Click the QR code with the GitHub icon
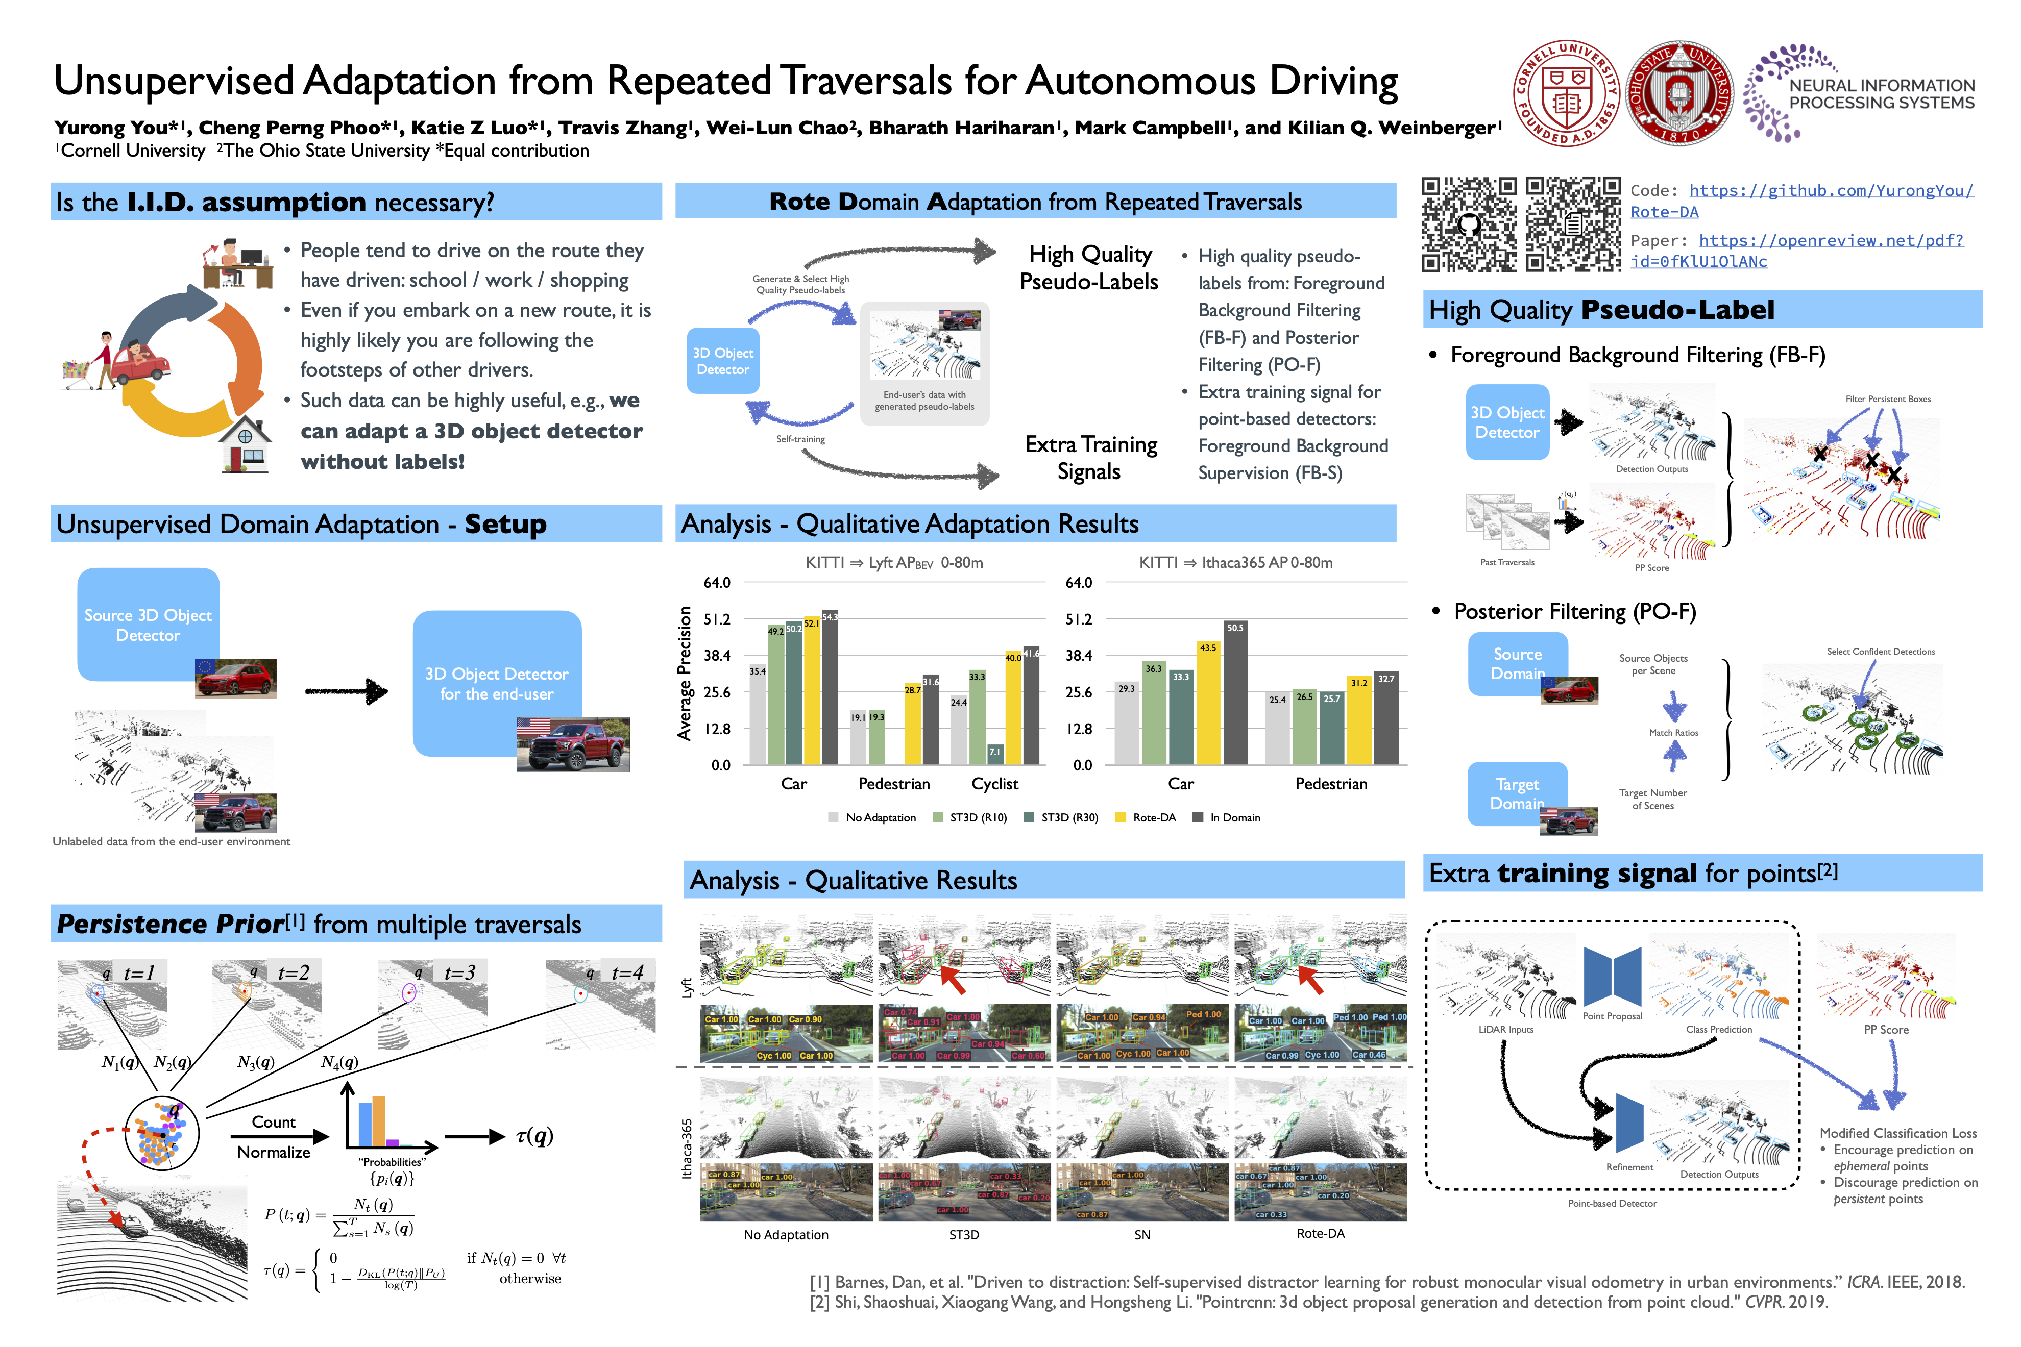coord(1469,223)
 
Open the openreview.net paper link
coord(1796,251)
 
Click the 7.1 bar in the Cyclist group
coord(994,754)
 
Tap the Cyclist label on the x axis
coord(994,784)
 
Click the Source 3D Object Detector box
coord(148,625)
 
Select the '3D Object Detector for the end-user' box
coord(497,683)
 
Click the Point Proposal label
coord(1612,1016)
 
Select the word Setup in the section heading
coord(505,524)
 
